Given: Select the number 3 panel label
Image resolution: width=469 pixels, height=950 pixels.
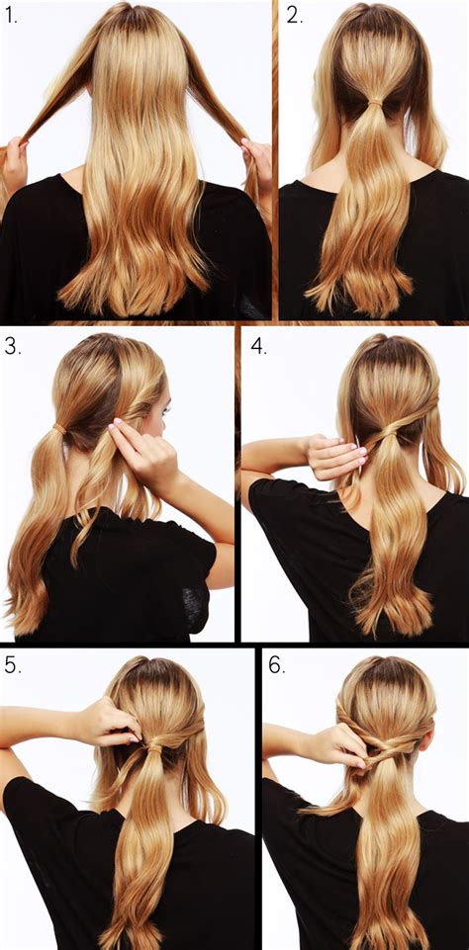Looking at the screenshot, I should click(x=12, y=346).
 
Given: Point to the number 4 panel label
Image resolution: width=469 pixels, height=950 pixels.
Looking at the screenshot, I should click(x=259, y=347).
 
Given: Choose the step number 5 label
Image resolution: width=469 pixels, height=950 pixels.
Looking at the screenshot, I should click(x=12, y=665).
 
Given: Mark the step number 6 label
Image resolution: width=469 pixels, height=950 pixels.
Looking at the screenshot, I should click(x=276, y=665).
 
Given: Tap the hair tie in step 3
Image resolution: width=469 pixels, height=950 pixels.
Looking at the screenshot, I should click(x=60, y=429).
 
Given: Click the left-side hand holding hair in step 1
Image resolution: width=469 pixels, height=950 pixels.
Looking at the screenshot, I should click(x=13, y=163).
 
